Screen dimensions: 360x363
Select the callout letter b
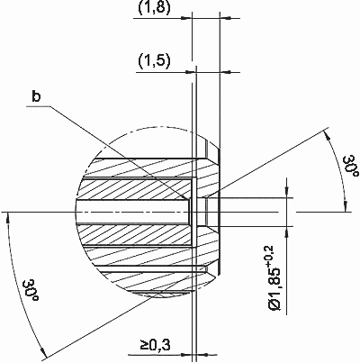pyautogui.click(x=36, y=96)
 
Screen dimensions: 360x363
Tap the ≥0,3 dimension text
pyautogui.click(x=155, y=345)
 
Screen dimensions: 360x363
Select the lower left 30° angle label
pyautogui.click(x=31, y=291)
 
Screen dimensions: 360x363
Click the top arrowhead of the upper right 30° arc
pyautogui.click(x=327, y=134)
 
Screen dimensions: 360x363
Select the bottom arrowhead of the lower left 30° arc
pyautogui.click(x=43, y=352)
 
